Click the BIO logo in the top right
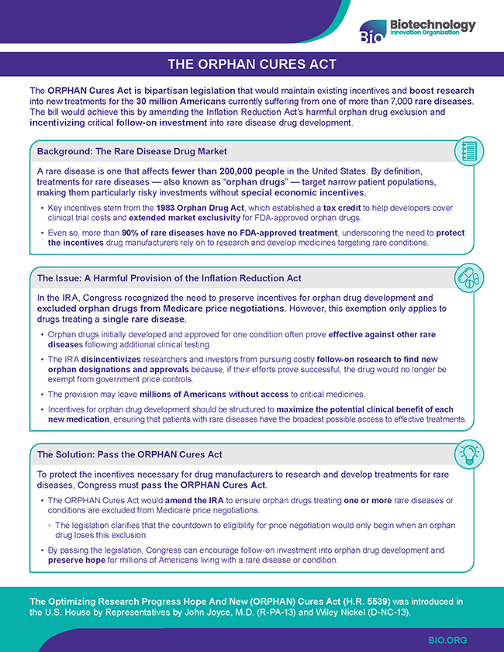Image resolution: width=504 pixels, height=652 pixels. pos(417,28)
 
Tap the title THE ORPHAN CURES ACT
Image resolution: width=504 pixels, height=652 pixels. pos(252,64)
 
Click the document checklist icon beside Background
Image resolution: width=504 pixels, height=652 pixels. pos(468,151)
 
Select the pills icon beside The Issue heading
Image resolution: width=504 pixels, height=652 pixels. pos(468,278)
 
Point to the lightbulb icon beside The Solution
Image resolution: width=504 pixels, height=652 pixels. pos(468,454)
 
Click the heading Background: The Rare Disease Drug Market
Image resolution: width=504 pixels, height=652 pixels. pos(132,150)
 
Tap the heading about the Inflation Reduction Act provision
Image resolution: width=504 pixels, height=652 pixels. pos(169,278)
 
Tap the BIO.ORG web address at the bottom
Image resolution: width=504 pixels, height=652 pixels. pos(447,640)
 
